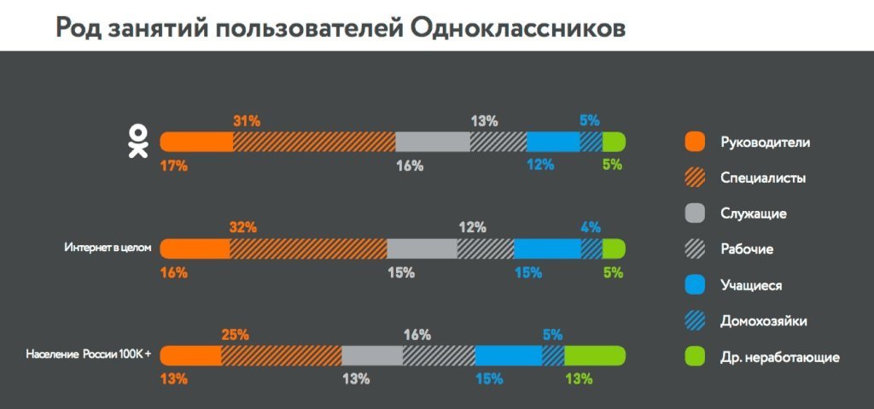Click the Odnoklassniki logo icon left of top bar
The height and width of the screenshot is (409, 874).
[137, 142]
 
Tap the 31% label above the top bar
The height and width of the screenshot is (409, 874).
[246, 121]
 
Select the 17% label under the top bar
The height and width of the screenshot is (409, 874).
[173, 166]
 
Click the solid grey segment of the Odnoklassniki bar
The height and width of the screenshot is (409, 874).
[433, 142]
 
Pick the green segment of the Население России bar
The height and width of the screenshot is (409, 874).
[594, 355]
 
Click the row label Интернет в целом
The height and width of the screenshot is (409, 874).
[108, 248]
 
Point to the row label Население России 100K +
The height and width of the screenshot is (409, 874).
[89, 355]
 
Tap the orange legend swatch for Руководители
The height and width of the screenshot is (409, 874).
[695, 142]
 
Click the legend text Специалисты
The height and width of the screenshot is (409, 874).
[763, 178]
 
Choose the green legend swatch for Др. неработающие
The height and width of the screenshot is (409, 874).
[695, 357]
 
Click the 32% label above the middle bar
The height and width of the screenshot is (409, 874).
[242, 228]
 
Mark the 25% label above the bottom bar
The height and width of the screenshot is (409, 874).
[235, 335]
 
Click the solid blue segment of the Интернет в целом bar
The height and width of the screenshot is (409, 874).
[547, 248]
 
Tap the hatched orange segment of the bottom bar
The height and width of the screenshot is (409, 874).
[281, 355]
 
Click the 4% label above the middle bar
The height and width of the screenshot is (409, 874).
[591, 228]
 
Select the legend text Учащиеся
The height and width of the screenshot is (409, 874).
[751, 285]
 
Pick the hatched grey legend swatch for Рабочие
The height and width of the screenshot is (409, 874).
[695, 249]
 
